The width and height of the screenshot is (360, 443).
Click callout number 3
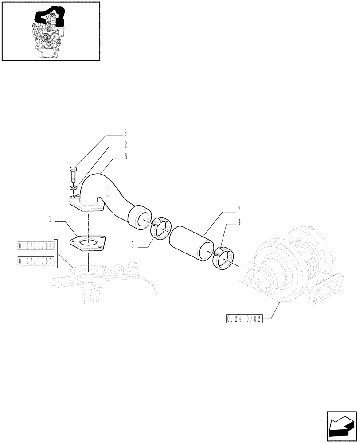(x=125, y=132)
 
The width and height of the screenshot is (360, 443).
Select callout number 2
(x=125, y=144)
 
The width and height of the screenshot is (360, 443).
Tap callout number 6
(x=125, y=156)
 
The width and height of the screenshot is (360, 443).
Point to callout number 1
(x=51, y=219)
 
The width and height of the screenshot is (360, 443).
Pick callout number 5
(x=132, y=243)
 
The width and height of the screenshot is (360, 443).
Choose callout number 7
(x=239, y=208)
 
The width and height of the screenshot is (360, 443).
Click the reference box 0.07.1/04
(x=35, y=246)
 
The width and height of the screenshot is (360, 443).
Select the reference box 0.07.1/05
(x=35, y=260)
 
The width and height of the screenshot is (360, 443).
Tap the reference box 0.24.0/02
(x=244, y=319)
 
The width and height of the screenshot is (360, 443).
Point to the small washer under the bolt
(x=74, y=188)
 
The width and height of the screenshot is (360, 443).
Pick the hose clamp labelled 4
(x=225, y=259)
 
